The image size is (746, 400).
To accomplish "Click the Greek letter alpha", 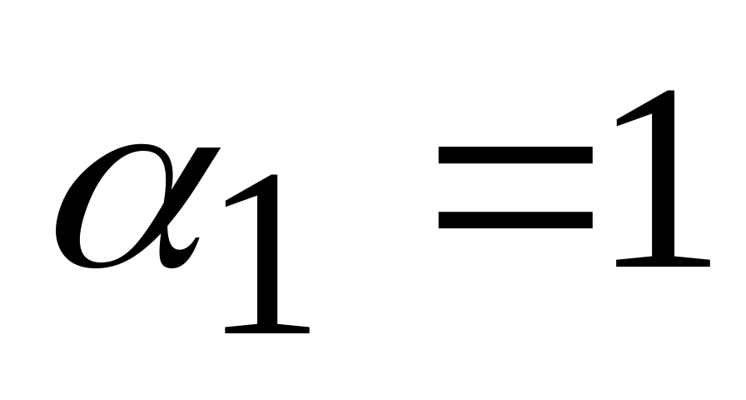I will tap(125, 208).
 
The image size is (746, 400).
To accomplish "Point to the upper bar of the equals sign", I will tap(515, 156).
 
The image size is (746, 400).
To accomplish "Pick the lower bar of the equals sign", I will tap(515, 218).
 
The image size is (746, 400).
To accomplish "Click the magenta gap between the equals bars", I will tap(515, 187).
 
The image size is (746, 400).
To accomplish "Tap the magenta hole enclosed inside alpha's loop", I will tap(117, 208).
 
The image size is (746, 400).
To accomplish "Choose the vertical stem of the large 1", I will tap(664, 183).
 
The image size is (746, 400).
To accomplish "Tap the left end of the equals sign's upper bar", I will tap(441, 156).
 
